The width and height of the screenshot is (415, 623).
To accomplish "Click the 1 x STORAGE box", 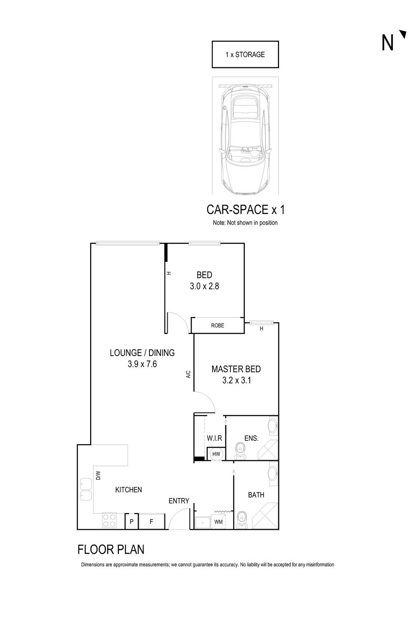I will tap(245, 54).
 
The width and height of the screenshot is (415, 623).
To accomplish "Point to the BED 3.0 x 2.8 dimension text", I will tap(204, 286).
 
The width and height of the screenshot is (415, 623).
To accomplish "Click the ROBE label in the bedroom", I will tap(218, 325).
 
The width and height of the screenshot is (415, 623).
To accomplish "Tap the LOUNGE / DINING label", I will tap(142, 353).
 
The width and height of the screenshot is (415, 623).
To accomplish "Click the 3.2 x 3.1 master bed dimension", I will tap(236, 380).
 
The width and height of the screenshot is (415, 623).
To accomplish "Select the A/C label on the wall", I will tap(188, 374).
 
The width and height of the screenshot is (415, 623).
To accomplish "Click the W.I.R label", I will tap(214, 438).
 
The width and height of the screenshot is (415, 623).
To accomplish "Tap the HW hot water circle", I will tap(216, 454).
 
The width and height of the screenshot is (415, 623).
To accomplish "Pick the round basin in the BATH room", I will tap(273, 473).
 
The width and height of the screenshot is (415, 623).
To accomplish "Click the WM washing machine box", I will tap(219, 522).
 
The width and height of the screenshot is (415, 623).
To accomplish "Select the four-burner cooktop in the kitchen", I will tap(109, 520).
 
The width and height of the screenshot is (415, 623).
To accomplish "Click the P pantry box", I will tap(132, 522).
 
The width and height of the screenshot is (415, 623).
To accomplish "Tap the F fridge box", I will tap(151, 522).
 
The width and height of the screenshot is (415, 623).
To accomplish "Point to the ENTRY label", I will tap(179, 501).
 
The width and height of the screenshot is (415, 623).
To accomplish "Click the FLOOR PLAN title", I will tap(111, 549).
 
